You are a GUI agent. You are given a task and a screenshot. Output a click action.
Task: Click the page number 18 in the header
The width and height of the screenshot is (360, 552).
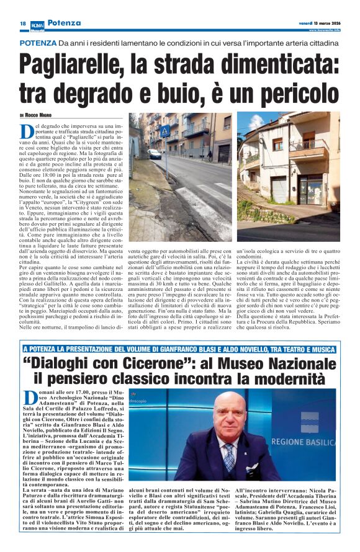pyautogui.click(x=22, y=23)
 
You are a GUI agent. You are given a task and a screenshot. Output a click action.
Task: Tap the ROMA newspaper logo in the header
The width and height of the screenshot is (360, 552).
pyautogui.click(x=38, y=23)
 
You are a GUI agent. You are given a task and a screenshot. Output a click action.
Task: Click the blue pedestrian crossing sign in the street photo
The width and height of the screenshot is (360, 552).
pyautogui.click(x=165, y=131)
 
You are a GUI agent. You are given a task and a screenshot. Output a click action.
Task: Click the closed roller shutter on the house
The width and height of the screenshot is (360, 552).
pyautogui.click(x=279, y=187)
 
